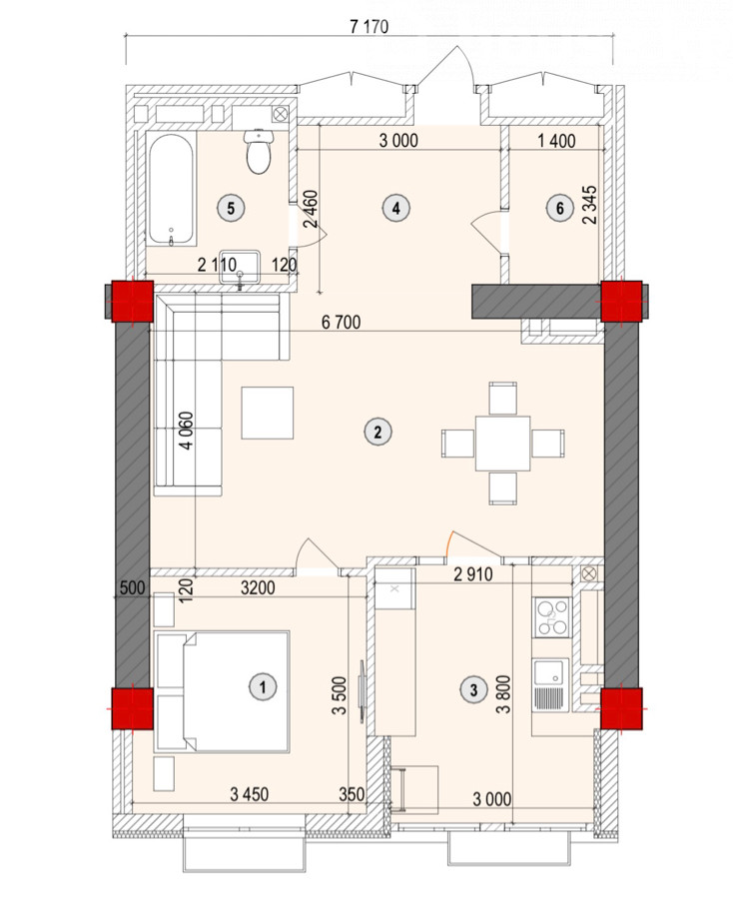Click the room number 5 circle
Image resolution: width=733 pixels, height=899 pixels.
click(x=231, y=208)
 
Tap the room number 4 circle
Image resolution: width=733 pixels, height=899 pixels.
click(x=396, y=208)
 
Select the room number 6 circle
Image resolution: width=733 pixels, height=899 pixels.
click(x=560, y=208)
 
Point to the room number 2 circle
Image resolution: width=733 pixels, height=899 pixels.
click(x=377, y=432)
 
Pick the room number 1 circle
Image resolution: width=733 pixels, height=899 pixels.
click(x=263, y=686)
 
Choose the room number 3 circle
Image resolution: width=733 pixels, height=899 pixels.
click(x=473, y=689)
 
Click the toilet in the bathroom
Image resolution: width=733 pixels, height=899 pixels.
click(x=258, y=150)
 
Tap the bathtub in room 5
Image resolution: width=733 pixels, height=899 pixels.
click(x=171, y=189)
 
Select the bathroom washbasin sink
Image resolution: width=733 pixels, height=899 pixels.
click(x=240, y=267)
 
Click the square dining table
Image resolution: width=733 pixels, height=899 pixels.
click(x=503, y=444)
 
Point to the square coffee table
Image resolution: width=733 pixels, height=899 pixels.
click(x=267, y=413)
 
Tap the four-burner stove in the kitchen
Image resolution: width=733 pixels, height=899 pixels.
click(x=551, y=617)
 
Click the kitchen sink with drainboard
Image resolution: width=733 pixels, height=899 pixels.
click(x=551, y=685)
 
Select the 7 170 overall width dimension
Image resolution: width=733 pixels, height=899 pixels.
click(x=369, y=27)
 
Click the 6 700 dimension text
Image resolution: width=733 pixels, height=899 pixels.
click(x=342, y=323)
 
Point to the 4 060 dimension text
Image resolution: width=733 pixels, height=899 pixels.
click(x=187, y=431)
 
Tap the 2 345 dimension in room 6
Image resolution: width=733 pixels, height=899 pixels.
click(x=590, y=205)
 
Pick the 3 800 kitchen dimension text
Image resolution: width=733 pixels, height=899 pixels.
click(x=503, y=694)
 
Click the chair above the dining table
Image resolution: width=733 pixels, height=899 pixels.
click(x=503, y=398)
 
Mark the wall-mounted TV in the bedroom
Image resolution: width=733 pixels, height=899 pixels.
click(x=363, y=691)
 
